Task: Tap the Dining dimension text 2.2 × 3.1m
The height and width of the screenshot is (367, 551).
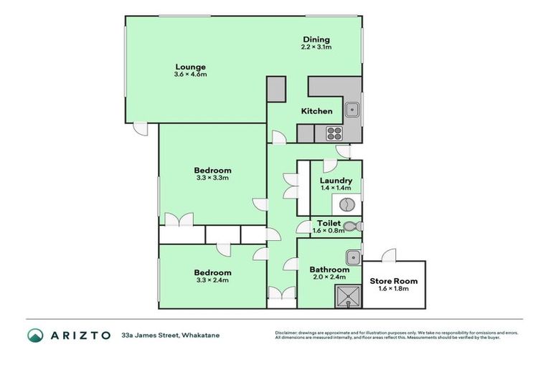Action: [x=316, y=47]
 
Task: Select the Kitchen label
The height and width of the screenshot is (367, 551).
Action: [x=316, y=111]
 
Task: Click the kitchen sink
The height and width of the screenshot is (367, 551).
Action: [x=352, y=110]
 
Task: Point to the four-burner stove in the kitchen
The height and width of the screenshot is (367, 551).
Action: [x=335, y=133]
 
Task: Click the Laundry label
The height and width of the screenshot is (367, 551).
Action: [x=336, y=181]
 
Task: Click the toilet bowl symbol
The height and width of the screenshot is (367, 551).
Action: [x=351, y=227]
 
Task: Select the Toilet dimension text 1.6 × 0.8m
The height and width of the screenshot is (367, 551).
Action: [x=329, y=231]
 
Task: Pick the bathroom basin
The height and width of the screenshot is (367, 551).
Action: [x=352, y=258]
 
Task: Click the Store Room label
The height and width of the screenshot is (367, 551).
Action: [x=394, y=282]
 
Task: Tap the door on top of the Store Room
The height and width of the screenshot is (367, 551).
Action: [x=389, y=254]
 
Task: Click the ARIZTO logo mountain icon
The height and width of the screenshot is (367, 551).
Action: [x=35, y=335]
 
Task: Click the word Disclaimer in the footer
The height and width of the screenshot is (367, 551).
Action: [x=288, y=333]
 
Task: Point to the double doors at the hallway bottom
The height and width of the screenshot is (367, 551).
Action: [x=281, y=293]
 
